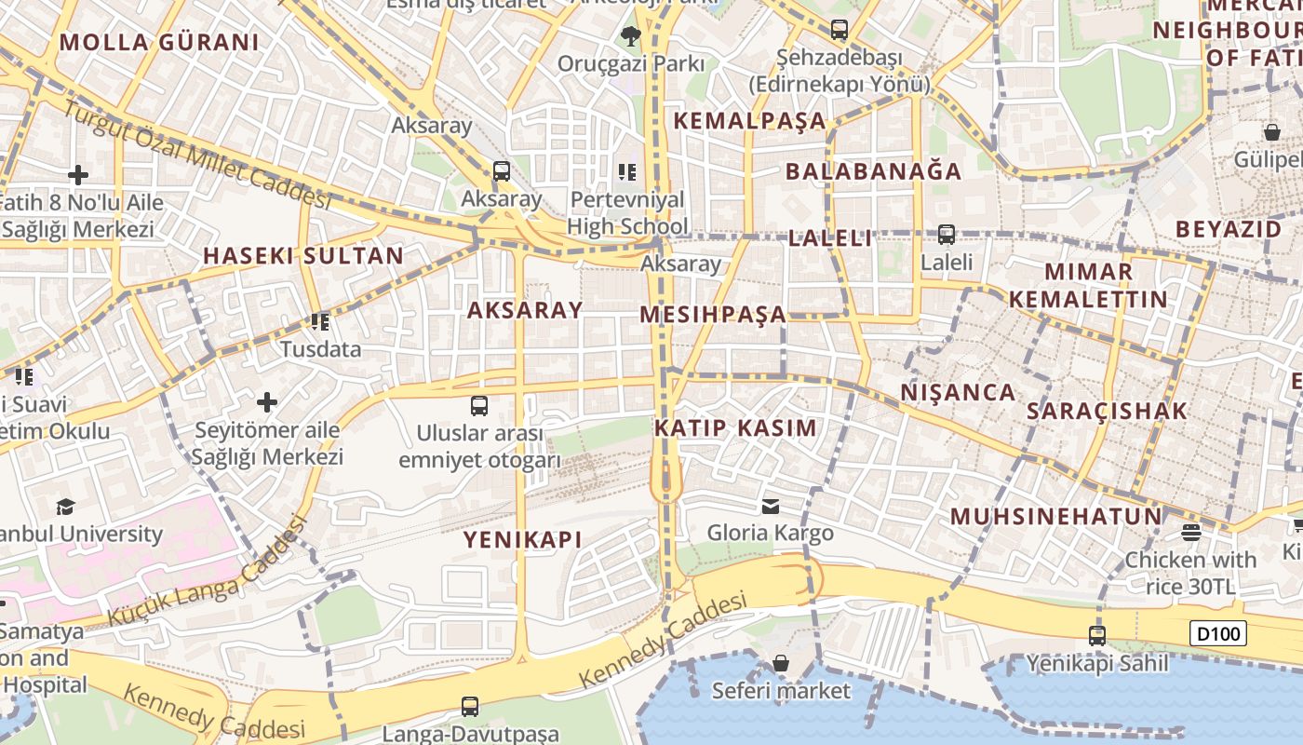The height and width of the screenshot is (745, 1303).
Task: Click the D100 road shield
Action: tap(1218, 634)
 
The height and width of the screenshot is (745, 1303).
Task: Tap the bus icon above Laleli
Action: tap(947, 235)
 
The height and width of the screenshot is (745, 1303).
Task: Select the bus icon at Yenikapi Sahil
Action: tap(1097, 636)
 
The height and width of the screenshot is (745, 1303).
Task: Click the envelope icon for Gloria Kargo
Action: tap(771, 507)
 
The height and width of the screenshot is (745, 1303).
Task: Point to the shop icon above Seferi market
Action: tap(781, 663)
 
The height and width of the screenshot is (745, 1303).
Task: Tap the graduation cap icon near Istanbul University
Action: tap(65, 507)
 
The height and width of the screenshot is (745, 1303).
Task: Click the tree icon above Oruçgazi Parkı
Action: tap(631, 36)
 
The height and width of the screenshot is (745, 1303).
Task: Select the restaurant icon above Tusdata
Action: tap(320, 322)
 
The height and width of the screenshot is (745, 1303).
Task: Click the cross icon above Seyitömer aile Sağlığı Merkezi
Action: tap(267, 402)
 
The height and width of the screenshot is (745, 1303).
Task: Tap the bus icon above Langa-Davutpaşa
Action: tap(470, 707)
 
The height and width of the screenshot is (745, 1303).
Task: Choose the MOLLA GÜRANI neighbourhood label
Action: tap(159, 42)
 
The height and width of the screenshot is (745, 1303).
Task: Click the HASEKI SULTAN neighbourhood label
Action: tap(303, 255)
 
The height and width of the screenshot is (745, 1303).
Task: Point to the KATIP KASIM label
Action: tap(735, 428)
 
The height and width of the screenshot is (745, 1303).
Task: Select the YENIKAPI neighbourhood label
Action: tap(523, 539)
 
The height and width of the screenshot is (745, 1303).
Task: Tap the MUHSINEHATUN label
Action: tap(1056, 516)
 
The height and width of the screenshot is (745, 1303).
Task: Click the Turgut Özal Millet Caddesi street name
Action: tap(196, 154)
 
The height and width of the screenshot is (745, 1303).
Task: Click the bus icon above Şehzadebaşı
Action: tap(840, 30)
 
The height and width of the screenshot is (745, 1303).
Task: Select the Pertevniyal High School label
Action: tap(627, 212)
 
